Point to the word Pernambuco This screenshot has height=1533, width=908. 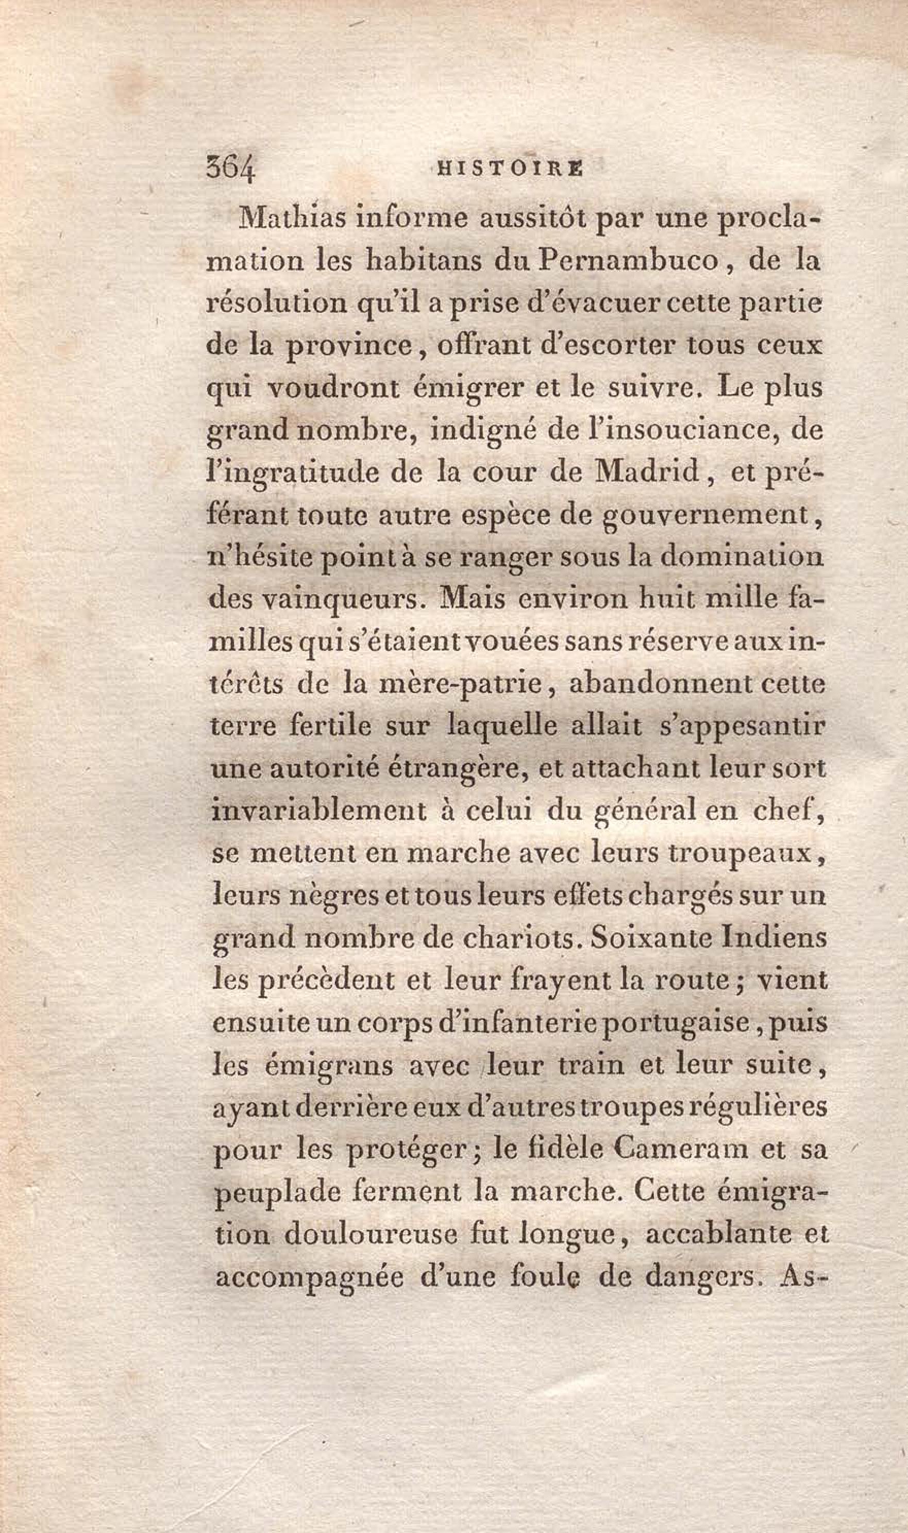(628, 261)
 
